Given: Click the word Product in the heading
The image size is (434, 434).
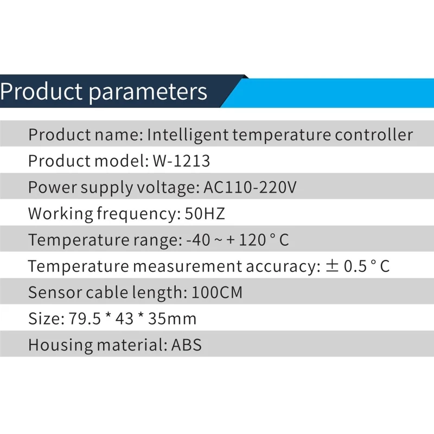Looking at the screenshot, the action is pos(41,91).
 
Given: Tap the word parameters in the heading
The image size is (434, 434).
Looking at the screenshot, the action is pos(148,93).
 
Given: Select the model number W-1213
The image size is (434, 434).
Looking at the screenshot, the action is pos(182,161).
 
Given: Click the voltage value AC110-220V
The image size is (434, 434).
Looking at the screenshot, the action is pos(250,187).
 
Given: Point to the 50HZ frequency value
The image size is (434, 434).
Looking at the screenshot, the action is pos(205,213).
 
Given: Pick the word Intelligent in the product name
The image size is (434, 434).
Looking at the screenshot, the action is pos(188,135).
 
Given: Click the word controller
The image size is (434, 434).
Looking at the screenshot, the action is pos(374,135).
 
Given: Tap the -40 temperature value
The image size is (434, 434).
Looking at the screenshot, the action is pos(198,240).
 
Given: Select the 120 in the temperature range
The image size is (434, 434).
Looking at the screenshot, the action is pos(252,240).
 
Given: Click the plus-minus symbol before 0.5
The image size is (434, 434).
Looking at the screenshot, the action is pos(332,266).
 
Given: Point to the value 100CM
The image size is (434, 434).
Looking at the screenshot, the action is pos(217,292).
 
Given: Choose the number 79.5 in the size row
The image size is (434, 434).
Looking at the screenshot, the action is pos(85,318).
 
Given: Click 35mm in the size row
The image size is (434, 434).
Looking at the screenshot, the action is pos(172,318).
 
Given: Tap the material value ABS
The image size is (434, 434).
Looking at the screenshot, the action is pos(187,345).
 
